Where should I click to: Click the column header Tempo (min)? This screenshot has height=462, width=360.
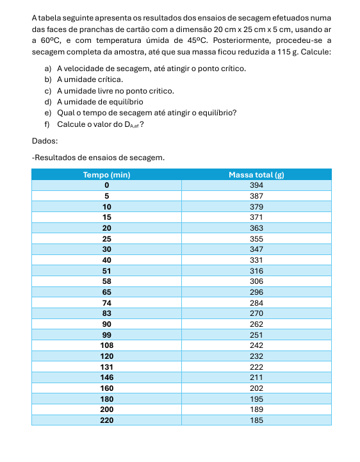[x=106, y=174]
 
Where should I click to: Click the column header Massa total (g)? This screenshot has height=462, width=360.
[x=256, y=174]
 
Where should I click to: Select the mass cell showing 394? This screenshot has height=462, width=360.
[x=256, y=185]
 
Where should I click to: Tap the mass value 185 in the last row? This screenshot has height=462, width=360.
[x=256, y=420]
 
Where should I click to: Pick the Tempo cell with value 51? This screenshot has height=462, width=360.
[x=106, y=270]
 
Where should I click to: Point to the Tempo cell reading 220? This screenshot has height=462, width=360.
[x=106, y=420]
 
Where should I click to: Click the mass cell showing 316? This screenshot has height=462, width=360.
[x=256, y=270]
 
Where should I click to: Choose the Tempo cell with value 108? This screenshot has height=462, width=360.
[x=106, y=345]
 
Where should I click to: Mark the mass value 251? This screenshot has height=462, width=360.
[x=256, y=334]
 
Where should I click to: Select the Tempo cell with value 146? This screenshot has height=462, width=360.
[x=106, y=377]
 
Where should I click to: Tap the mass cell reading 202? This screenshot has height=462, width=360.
[x=256, y=388]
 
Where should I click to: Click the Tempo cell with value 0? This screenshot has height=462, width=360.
[x=106, y=185]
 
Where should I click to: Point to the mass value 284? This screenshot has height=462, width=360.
[x=256, y=302]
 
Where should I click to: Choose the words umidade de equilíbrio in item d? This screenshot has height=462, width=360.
[x=104, y=101]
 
